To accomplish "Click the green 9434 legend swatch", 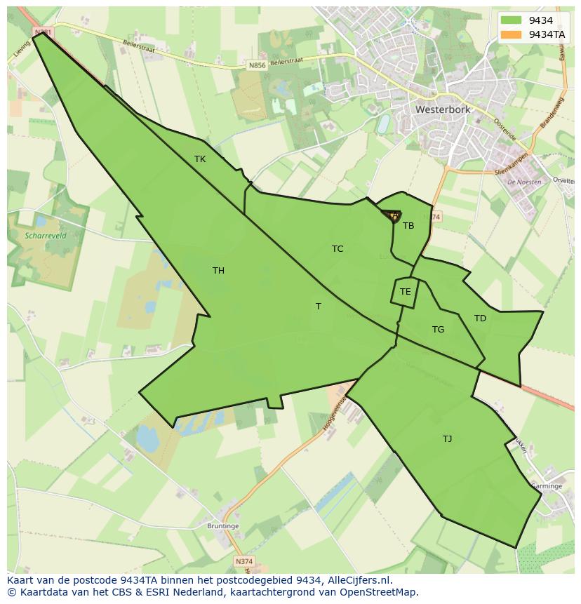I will click(512, 20).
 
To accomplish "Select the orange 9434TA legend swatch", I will click(512, 34).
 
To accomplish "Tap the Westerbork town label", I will click(443, 110).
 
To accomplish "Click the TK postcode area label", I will click(200, 159).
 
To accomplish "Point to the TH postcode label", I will click(218, 271).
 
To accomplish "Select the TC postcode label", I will click(338, 249).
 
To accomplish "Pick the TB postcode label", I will click(408, 226).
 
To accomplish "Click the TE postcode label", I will click(405, 292).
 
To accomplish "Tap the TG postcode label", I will click(438, 330).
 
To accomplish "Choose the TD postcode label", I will click(480, 318).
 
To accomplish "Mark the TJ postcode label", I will click(447, 439).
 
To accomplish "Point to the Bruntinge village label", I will click(223, 526).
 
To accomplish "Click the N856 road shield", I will click(258, 65).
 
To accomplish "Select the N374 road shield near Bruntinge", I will click(243, 562).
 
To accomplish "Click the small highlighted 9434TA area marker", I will click(393, 216).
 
